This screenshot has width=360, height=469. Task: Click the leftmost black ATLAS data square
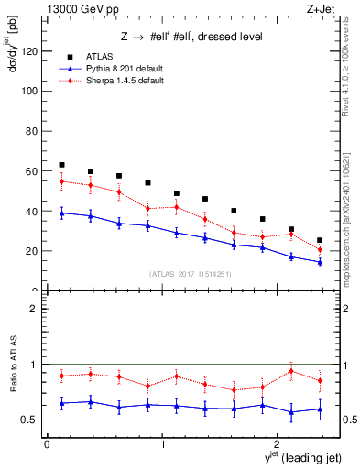pos(61,165)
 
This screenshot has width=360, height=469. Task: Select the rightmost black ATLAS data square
pos(320,240)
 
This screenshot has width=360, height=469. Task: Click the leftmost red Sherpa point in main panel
pos(61,181)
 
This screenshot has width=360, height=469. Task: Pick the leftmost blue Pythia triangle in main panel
pos(61,213)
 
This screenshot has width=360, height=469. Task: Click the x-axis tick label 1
pos(162,444)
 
